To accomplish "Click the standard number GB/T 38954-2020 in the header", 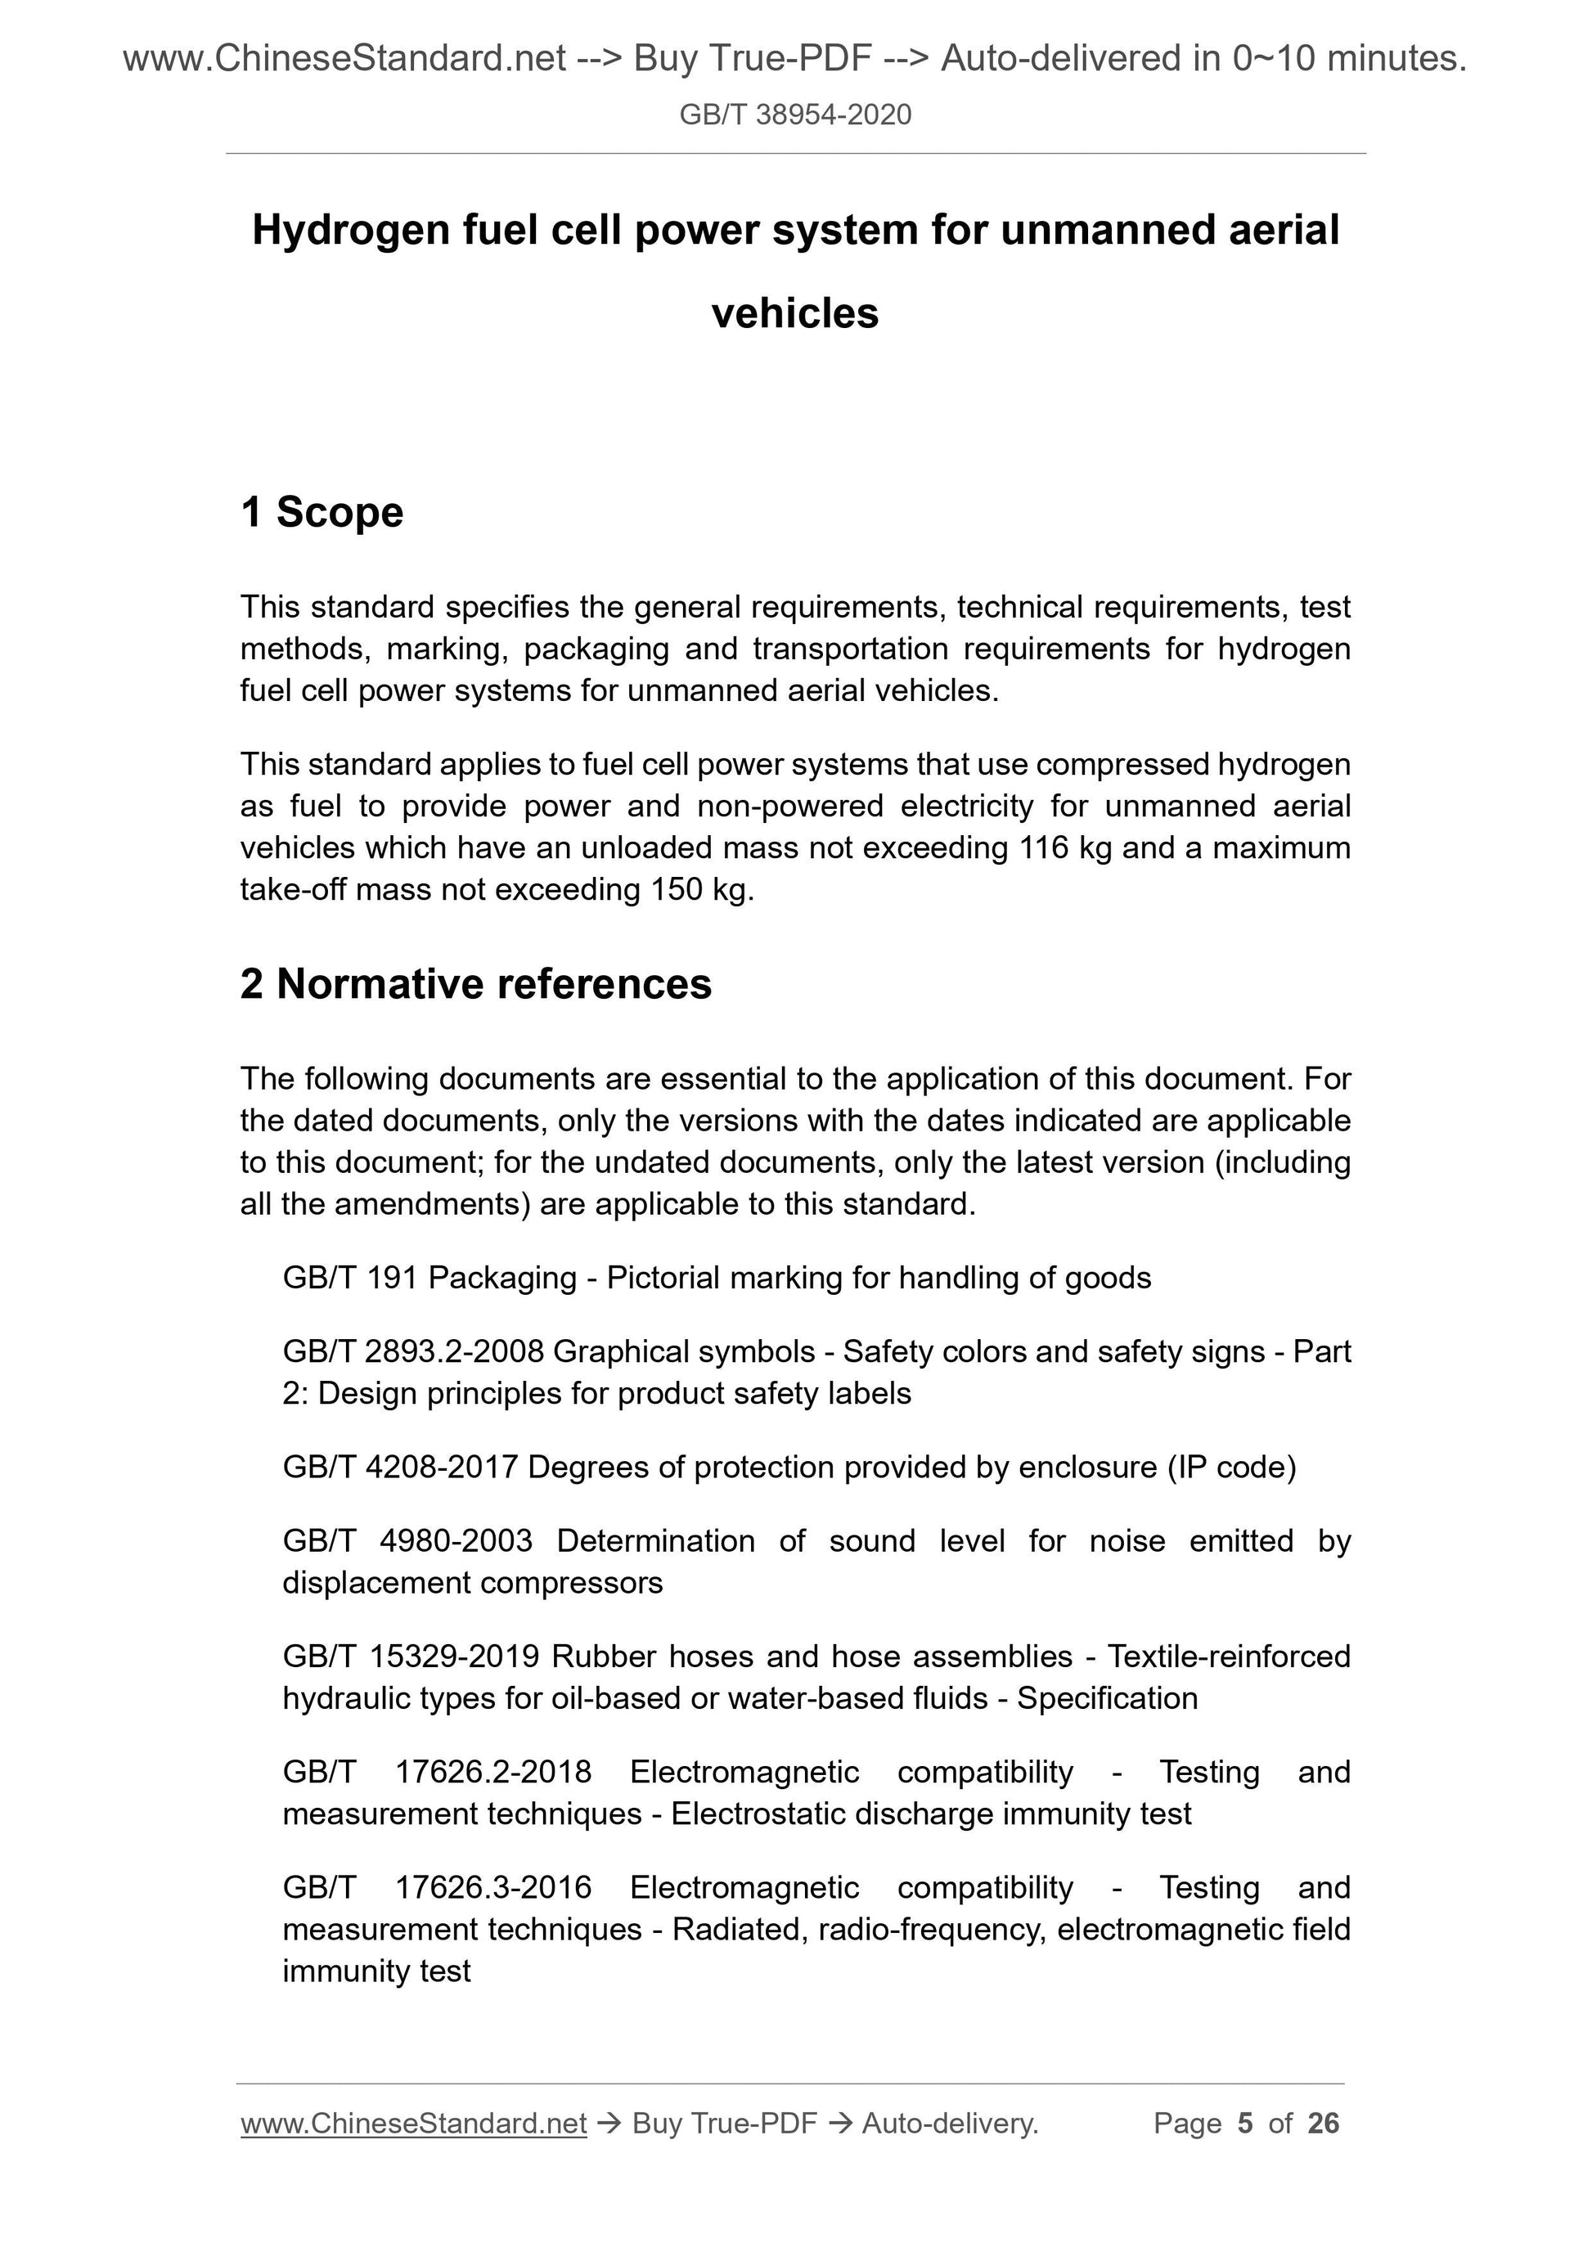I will click(x=794, y=115).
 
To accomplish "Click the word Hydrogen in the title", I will click(x=344, y=231).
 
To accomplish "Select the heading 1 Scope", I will click(x=322, y=512).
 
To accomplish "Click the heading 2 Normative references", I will click(x=476, y=984).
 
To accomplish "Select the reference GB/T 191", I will click(x=350, y=1277).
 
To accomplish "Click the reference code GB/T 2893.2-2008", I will click(x=413, y=1351).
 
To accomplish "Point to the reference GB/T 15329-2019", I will click(x=411, y=1656).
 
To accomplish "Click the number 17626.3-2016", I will click(x=492, y=1887).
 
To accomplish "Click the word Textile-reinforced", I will click(x=1228, y=1656).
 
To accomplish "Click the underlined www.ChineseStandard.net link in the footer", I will click(x=413, y=2124).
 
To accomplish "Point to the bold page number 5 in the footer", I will click(x=1245, y=2124).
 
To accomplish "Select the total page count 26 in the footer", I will click(x=1323, y=2124).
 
